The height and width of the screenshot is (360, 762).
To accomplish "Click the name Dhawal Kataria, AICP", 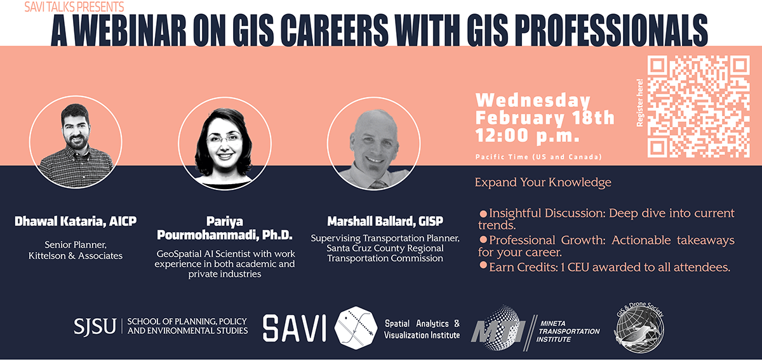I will click(76, 222).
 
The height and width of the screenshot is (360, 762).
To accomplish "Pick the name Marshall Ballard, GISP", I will click(385, 222).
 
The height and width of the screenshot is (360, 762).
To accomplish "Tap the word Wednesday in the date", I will click(533, 100).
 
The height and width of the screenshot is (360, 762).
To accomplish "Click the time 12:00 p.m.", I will click(526, 135).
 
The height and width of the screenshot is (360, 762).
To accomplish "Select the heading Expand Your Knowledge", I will click(543, 183).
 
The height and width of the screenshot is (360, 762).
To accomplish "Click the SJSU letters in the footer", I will click(95, 326).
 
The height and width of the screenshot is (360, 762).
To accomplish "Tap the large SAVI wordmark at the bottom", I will click(295, 328).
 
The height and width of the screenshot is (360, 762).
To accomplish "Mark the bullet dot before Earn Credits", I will click(483, 265).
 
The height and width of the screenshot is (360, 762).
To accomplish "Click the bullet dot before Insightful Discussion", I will click(483, 212).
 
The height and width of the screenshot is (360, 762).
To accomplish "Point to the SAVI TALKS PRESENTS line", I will click(74, 7).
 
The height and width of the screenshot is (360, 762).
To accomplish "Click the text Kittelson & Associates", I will click(76, 256).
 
